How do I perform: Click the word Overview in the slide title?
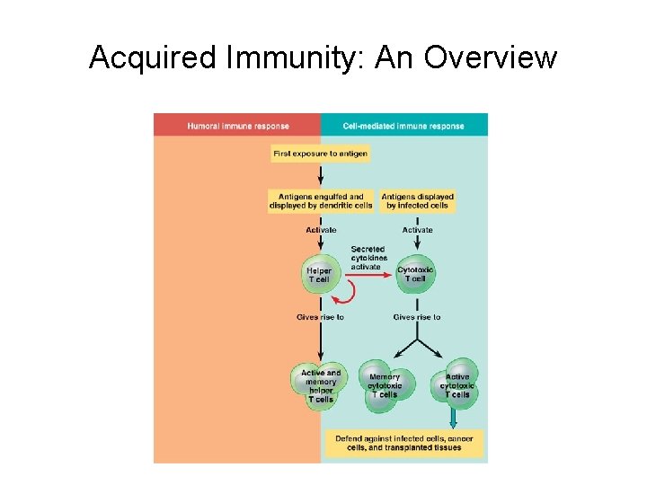point(491,57)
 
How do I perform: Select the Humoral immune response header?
point(238,126)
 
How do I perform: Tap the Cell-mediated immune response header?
point(403,126)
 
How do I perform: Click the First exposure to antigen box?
point(320,154)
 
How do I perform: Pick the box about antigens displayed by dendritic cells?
point(320,201)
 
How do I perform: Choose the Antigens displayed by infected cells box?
point(417,201)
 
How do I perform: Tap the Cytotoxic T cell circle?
point(415,274)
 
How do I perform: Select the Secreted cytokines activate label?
point(368,258)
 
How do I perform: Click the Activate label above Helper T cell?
point(321,230)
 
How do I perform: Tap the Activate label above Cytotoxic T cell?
point(417,230)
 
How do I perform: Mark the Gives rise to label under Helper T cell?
point(320,317)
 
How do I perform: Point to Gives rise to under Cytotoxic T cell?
point(417,317)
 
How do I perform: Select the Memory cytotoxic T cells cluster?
point(386,386)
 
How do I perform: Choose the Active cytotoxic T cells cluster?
point(455,386)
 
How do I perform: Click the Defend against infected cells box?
point(403,443)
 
